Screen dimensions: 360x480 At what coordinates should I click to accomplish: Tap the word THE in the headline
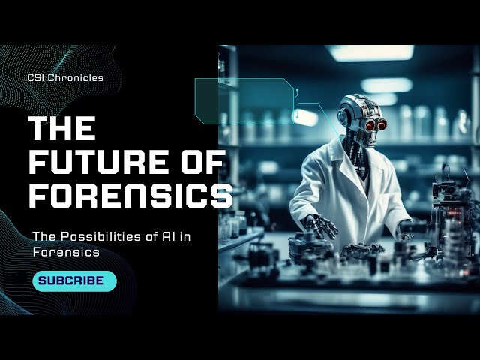coord(61,128)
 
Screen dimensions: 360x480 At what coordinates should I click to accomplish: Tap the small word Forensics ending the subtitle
coord(66,252)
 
